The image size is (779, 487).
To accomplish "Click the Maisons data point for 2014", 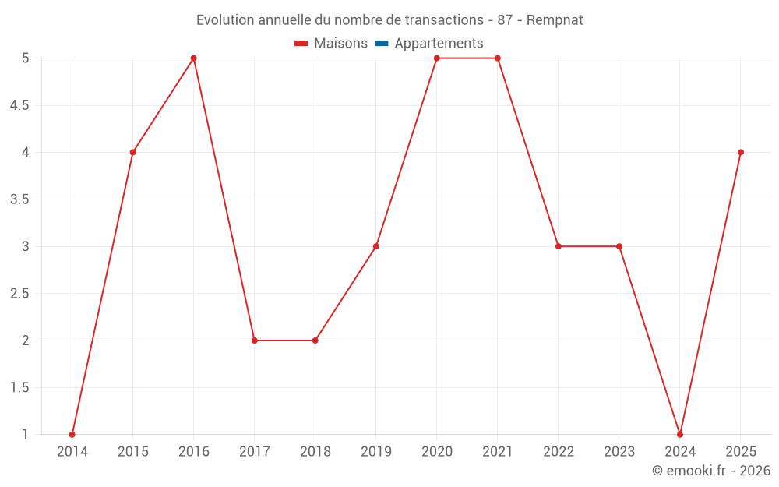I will click(72, 434).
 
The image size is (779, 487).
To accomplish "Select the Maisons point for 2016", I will click(194, 58).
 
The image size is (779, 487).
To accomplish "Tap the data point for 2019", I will click(376, 246).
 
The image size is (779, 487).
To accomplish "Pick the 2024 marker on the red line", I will click(680, 434).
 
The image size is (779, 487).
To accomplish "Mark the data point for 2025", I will click(741, 152).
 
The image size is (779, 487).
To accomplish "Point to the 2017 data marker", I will click(255, 341).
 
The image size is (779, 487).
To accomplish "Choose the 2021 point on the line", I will click(498, 58).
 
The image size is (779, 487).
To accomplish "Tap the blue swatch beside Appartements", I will click(381, 44).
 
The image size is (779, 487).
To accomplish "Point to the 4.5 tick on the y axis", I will click(19, 105).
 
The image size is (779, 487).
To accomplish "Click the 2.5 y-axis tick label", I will click(19, 294).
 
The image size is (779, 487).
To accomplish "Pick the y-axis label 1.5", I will click(19, 388).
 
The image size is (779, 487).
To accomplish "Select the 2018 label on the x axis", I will click(315, 452).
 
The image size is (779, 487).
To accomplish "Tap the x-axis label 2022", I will click(559, 452).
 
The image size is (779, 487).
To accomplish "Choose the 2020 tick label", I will click(437, 452).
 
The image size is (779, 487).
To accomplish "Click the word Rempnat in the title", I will click(555, 20).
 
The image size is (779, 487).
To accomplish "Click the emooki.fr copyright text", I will click(711, 471).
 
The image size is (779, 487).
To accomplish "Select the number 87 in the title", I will click(505, 20).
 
